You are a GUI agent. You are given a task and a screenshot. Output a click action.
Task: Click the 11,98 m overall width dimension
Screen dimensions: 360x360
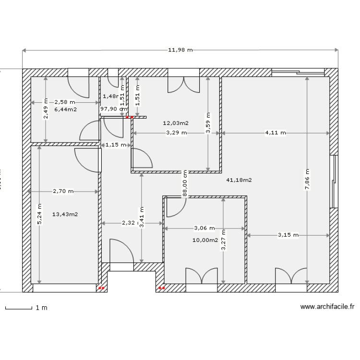tap(180, 50)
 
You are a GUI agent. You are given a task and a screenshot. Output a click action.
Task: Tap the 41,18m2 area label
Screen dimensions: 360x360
tap(239, 180)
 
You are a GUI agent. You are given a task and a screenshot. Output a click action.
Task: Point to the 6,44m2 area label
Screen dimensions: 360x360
tap(66, 109)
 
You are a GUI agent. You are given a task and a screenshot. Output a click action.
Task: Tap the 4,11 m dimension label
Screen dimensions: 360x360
tap(275, 133)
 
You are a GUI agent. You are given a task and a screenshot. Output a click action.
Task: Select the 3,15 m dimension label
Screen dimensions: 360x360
tap(288, 235)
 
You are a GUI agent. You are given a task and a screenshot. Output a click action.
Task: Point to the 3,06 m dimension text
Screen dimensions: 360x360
tap(204, 228)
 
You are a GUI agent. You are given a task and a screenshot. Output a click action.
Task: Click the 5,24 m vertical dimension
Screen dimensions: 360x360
tap(39, 214)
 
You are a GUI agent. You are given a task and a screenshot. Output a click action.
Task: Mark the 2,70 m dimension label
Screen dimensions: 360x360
tap(63, 191)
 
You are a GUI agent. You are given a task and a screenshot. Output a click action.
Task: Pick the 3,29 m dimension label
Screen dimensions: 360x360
tap(176, 133)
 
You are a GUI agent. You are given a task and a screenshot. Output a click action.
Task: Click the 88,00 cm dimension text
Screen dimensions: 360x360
tap(185, 182)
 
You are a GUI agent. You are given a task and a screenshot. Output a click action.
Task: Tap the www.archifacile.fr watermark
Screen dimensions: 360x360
tap(327, 307)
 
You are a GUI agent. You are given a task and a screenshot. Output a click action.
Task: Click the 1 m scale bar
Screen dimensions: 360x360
tap(26, 308)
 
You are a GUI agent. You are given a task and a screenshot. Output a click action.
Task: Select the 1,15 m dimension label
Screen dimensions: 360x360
tap(116, 144)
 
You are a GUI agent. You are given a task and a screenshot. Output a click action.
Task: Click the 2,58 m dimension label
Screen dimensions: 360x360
tap(65, 102)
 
